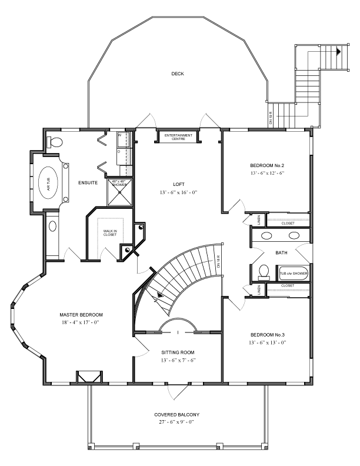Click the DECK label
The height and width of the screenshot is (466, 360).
tap(178, 74)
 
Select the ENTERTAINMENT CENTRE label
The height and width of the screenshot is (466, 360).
tap(178, 137)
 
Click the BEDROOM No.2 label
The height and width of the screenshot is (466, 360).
tap(266, 165)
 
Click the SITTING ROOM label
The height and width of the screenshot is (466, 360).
tap(178, 352)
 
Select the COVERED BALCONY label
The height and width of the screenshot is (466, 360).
tap(178, 414)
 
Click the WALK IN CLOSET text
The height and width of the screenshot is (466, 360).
tap(110, 233)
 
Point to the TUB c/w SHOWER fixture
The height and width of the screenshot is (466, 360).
tap(293, 274)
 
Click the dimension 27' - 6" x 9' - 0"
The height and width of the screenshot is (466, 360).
tap(178, 422)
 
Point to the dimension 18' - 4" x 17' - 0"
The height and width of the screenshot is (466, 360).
tap(81, 322)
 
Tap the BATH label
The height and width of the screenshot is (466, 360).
tap(281, 253)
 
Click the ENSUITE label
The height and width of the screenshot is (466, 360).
tap(88, 183)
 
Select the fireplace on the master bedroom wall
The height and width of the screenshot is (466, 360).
tap(89, 376)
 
